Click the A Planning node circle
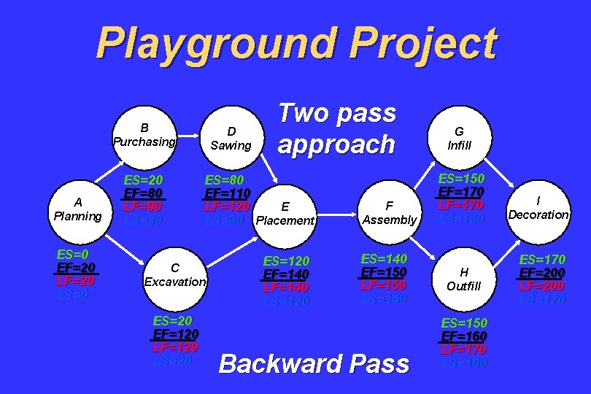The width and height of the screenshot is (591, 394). [77, 209]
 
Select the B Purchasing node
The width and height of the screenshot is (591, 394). [144, 134]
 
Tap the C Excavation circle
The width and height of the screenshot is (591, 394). [175, 274]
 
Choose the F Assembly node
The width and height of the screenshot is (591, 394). [390, 212]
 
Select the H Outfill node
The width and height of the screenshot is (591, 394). [464, 279]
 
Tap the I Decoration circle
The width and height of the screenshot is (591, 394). [538, 208]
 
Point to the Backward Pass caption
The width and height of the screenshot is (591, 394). [314, 363]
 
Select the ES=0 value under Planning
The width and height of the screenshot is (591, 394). [73, 255]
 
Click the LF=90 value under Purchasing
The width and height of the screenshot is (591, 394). [144, 206]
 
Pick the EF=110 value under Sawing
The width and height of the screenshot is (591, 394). [228, 193]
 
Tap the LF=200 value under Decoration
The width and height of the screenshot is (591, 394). [542, 285]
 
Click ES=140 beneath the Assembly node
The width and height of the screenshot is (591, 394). [385, 259]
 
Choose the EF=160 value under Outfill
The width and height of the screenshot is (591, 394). [464, 336]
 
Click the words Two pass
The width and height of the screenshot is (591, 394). [337, 113]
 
